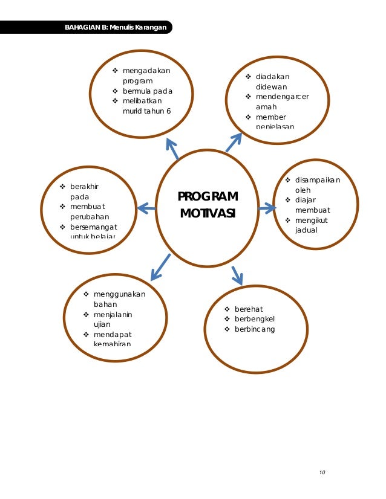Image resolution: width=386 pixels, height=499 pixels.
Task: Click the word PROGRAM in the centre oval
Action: point(208,197)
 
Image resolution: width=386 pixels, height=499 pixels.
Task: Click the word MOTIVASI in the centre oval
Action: point(208,214)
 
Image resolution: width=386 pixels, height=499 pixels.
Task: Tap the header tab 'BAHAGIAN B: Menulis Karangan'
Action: point(116,27)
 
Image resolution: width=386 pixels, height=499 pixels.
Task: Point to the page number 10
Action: point(322,472)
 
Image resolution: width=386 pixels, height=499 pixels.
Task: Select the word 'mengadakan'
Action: point(146,71)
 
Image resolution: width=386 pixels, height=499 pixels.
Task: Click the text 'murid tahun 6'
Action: point(146,111)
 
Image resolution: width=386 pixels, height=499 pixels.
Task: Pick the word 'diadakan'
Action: point(272,77)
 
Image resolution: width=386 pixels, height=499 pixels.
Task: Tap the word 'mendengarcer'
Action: point(282,97)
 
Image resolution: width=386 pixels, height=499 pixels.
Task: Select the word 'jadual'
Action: point(306,230)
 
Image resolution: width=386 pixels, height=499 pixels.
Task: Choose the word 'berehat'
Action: point(249,309)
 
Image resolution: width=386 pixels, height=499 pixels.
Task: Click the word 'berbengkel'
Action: point(254,319)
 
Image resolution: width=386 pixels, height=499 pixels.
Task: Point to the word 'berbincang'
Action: point(254,329)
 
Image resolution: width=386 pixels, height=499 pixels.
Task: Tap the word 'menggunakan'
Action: point(119,294)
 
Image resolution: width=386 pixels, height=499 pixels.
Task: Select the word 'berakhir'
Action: point(85,186)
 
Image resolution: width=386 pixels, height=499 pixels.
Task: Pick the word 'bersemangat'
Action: point(94,227)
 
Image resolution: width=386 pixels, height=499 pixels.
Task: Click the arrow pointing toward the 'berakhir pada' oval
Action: point(146,208)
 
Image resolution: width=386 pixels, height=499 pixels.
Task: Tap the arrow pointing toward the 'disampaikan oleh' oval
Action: point(267,208)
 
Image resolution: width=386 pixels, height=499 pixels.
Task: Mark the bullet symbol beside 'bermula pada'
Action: point(115,91)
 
